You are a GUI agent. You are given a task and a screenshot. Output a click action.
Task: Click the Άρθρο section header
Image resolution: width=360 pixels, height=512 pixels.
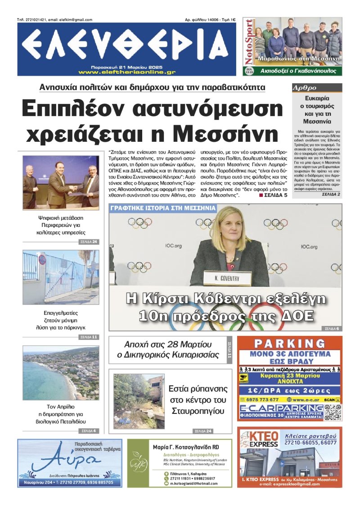coord(305,88)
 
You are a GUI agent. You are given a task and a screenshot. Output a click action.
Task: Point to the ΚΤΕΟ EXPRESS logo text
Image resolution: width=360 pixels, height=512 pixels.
coord(257,440)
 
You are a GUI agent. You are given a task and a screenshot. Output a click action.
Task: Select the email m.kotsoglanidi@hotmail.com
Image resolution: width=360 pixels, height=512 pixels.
coord(193,483)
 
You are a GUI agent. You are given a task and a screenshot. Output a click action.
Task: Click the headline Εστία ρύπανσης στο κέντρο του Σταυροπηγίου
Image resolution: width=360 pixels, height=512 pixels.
coord(198,399)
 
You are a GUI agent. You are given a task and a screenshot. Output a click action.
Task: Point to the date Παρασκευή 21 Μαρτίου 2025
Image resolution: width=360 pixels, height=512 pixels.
coord(126,66)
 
